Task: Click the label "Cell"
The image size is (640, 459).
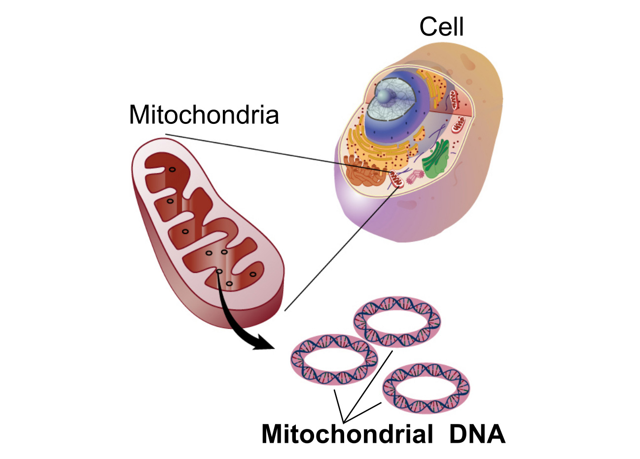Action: click(x=441, y=27)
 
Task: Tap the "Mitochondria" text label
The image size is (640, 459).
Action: click(x=204, y=115)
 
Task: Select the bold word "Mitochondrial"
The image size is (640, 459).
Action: click(x=347, y=434)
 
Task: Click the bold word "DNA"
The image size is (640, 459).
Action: click(x=477, y=434)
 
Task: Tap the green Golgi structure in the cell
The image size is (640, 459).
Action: click(x=436, y=159)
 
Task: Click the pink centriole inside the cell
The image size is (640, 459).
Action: click(x=415, y=176)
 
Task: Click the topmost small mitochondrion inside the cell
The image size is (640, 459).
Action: click(x=454, y=100)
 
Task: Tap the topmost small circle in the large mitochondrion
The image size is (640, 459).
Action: click(x=172, y=170)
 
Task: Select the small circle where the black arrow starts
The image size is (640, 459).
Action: click(x=219, y=271)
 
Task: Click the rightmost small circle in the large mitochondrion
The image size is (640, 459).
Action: click(x=253, y=274)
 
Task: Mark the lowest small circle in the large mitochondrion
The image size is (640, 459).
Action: click(x=229, y=284)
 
